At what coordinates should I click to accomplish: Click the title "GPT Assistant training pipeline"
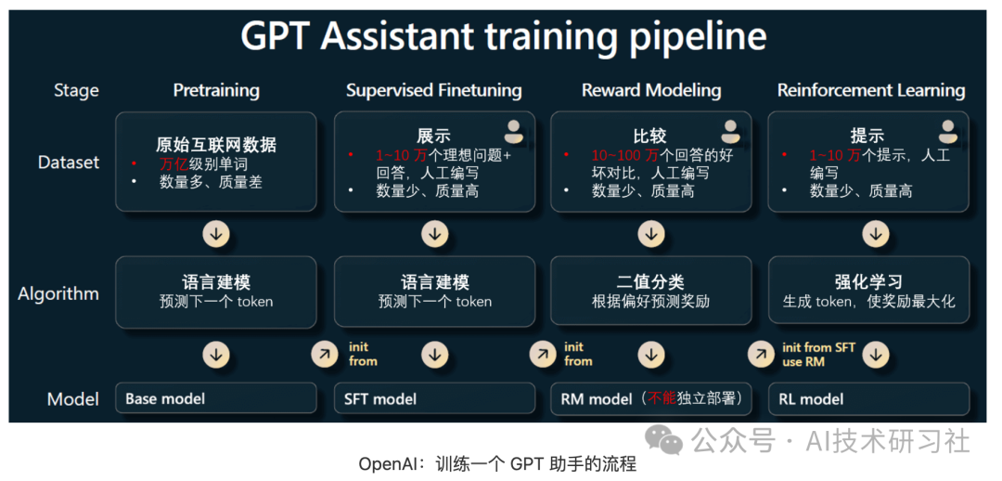point(503,37)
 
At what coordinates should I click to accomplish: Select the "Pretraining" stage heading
point(216,90)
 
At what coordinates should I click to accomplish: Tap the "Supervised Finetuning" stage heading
point(434,90)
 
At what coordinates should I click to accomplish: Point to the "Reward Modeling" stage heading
point(651,90)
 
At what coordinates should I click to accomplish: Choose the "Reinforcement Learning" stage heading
point(871,90)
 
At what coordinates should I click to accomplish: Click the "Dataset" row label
point(69,162)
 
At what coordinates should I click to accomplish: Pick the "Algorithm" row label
point(58,294)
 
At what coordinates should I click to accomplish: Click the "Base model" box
point(216,398)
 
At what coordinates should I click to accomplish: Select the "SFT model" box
point(434,398)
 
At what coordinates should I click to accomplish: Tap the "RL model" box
point(868,398)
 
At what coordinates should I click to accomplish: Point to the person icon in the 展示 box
point(513,131)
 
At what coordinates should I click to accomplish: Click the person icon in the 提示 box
point(947,131)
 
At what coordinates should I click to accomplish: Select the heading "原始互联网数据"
point(216,144)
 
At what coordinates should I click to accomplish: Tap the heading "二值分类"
point(651,282)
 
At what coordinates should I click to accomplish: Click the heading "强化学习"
point(868,282)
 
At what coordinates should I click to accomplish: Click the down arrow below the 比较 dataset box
point(651,234)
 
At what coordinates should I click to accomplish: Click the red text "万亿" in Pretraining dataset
point(174,164)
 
